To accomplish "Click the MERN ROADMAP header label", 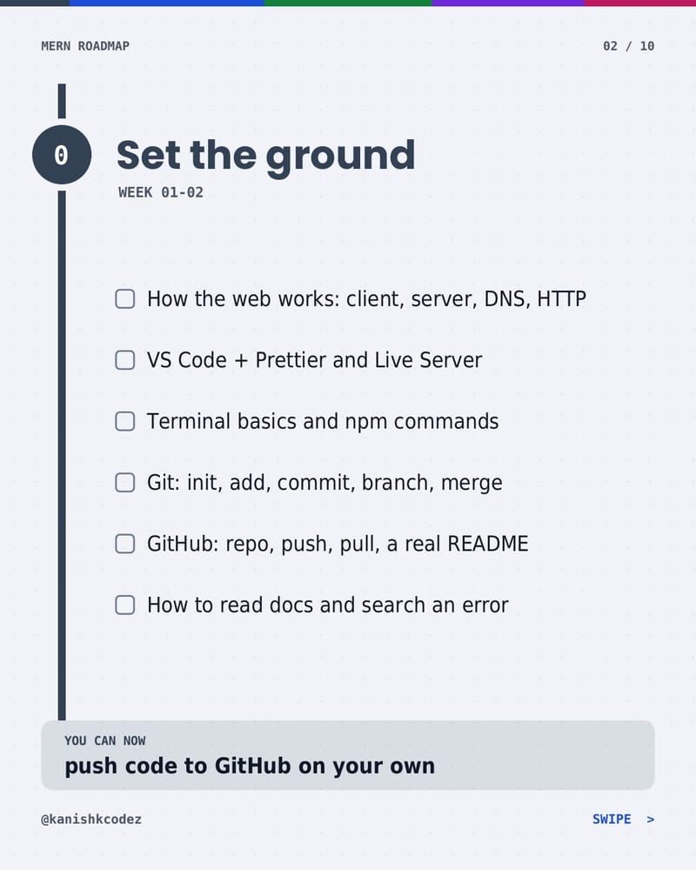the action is [85, 46].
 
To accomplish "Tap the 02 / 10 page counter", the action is [628, 46].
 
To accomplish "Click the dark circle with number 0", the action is [62, 155].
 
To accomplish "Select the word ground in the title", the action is [340, 157].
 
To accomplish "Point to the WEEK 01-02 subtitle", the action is [161, 192].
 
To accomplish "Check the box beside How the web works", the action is [125, 298].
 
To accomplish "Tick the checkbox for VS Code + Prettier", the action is [125, 360].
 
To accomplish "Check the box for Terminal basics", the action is [125, 421].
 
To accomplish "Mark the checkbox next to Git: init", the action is [125, 482].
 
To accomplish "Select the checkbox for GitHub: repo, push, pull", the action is [125, 544].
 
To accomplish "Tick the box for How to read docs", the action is [125, 605].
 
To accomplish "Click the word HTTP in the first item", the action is [561, 299].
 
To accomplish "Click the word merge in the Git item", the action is [472, 484].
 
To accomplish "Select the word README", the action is [488, 544].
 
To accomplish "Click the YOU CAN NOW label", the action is [105, 740].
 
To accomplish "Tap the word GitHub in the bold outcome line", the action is [252, 766].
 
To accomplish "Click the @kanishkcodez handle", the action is [91, 820].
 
